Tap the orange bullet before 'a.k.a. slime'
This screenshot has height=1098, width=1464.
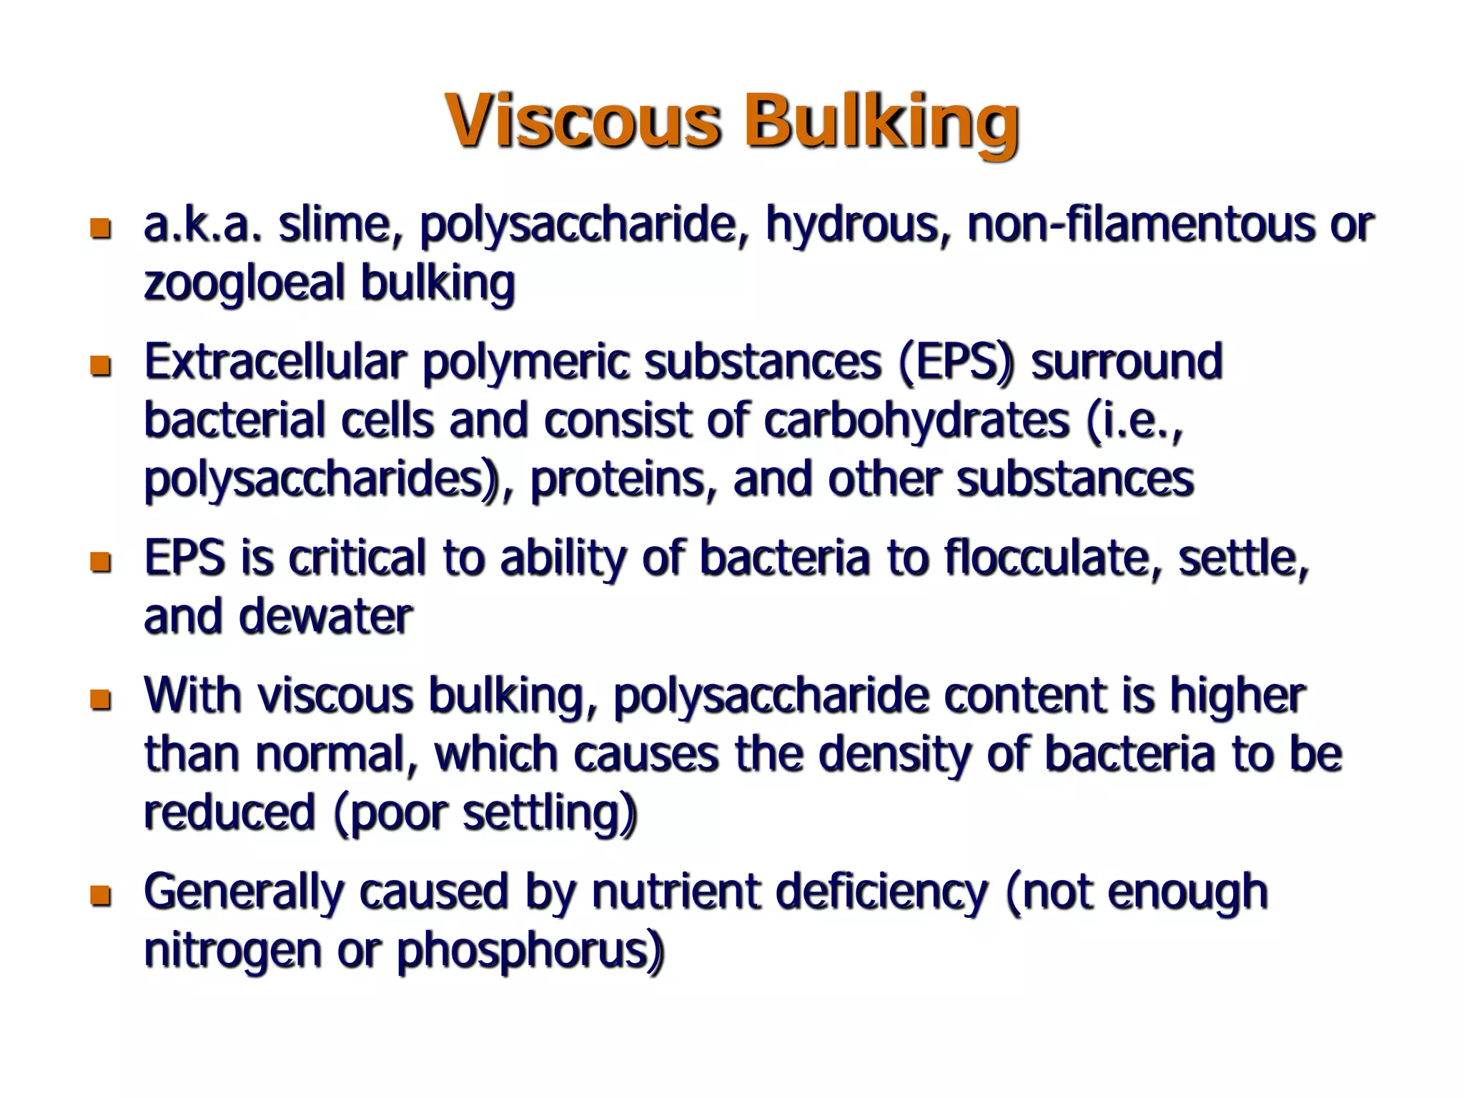[x=101, y=229]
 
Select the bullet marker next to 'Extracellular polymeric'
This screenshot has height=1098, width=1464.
[x=101, y=366]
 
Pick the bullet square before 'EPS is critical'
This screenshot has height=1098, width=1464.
[x=101, y=562]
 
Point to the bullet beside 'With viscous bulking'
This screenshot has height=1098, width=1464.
[x=101, y=699]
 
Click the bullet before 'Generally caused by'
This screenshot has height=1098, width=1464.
[x=101, y=895]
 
